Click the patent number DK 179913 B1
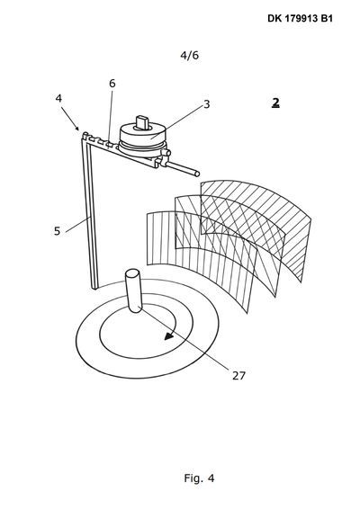point(300,19)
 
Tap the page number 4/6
point(189,55)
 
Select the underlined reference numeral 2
point(275,103)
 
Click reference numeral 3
point(207,104)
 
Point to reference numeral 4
point(58,98)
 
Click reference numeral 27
point(238,376)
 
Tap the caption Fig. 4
point(199,478)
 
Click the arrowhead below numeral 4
point(76,128)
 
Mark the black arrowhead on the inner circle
point(169,336)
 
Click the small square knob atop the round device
point(142,122)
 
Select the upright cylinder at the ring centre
point(133,290)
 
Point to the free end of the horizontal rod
point(197,174)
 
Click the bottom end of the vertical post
point(94,287)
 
